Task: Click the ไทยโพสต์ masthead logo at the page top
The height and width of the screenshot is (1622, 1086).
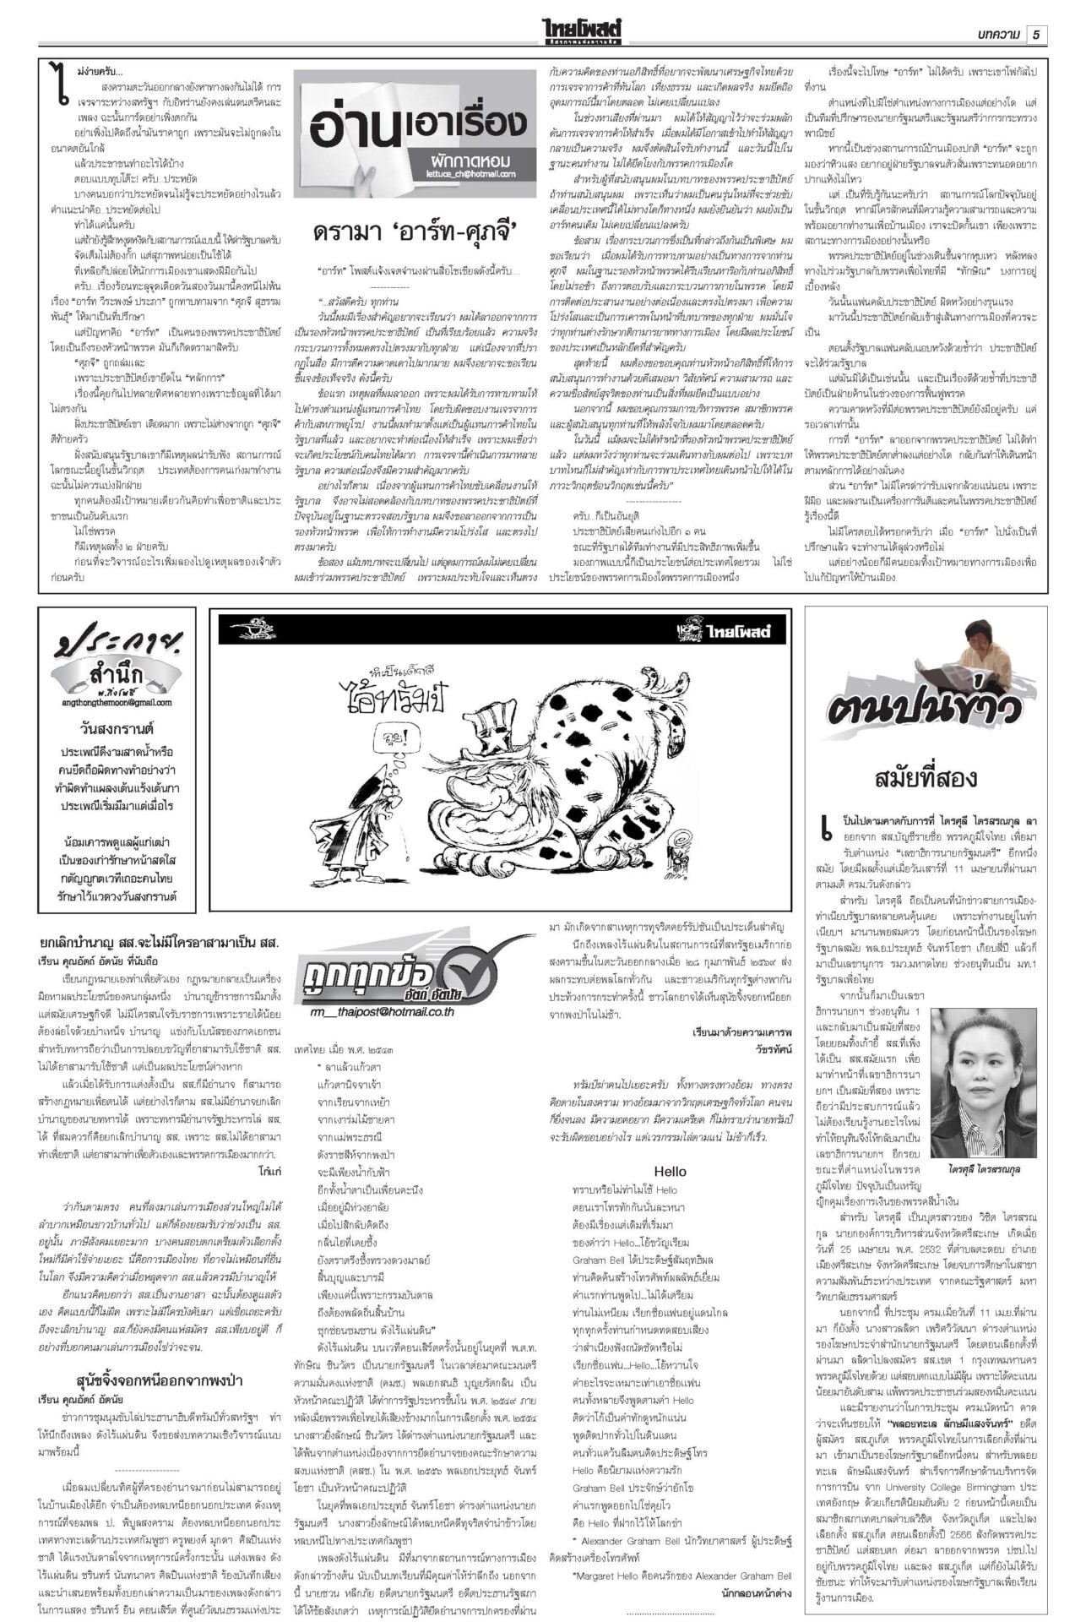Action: tap(588, 32)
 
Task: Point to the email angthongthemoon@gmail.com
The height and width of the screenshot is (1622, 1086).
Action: tap(117, 702)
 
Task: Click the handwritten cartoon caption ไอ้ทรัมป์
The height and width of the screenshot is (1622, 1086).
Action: tap(395, 694)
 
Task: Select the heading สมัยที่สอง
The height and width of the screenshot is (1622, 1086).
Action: tap(926, 778)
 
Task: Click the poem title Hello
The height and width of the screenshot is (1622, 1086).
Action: tap(671, 1171)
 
